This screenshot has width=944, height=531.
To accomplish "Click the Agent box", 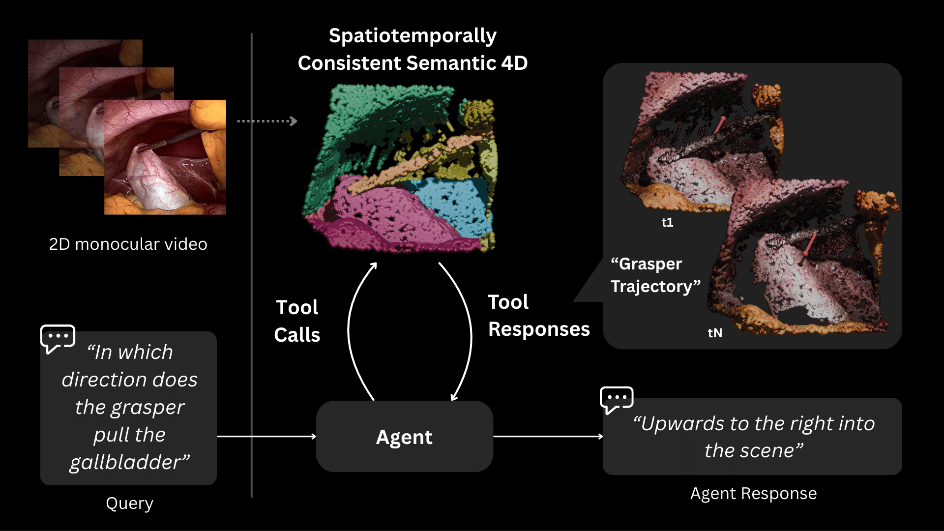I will (404, 437).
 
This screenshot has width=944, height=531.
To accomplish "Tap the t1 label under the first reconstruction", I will (667, 223).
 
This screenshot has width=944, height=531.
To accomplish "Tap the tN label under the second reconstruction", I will (715, 333).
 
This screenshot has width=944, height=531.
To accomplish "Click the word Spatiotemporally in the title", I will (413, 36).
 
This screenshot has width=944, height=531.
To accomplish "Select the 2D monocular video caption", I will (128, 244).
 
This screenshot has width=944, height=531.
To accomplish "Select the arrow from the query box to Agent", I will (266, 436).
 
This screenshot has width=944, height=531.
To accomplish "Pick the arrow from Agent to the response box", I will (548, 436).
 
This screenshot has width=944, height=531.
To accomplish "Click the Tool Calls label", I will (297, 321).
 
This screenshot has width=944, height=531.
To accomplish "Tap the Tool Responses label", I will (538, 316).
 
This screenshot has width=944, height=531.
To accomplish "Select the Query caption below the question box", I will (129, 503).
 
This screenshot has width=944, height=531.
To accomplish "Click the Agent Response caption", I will (753, 493).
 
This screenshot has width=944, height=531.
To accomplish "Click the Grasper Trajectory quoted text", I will (654, 275).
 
